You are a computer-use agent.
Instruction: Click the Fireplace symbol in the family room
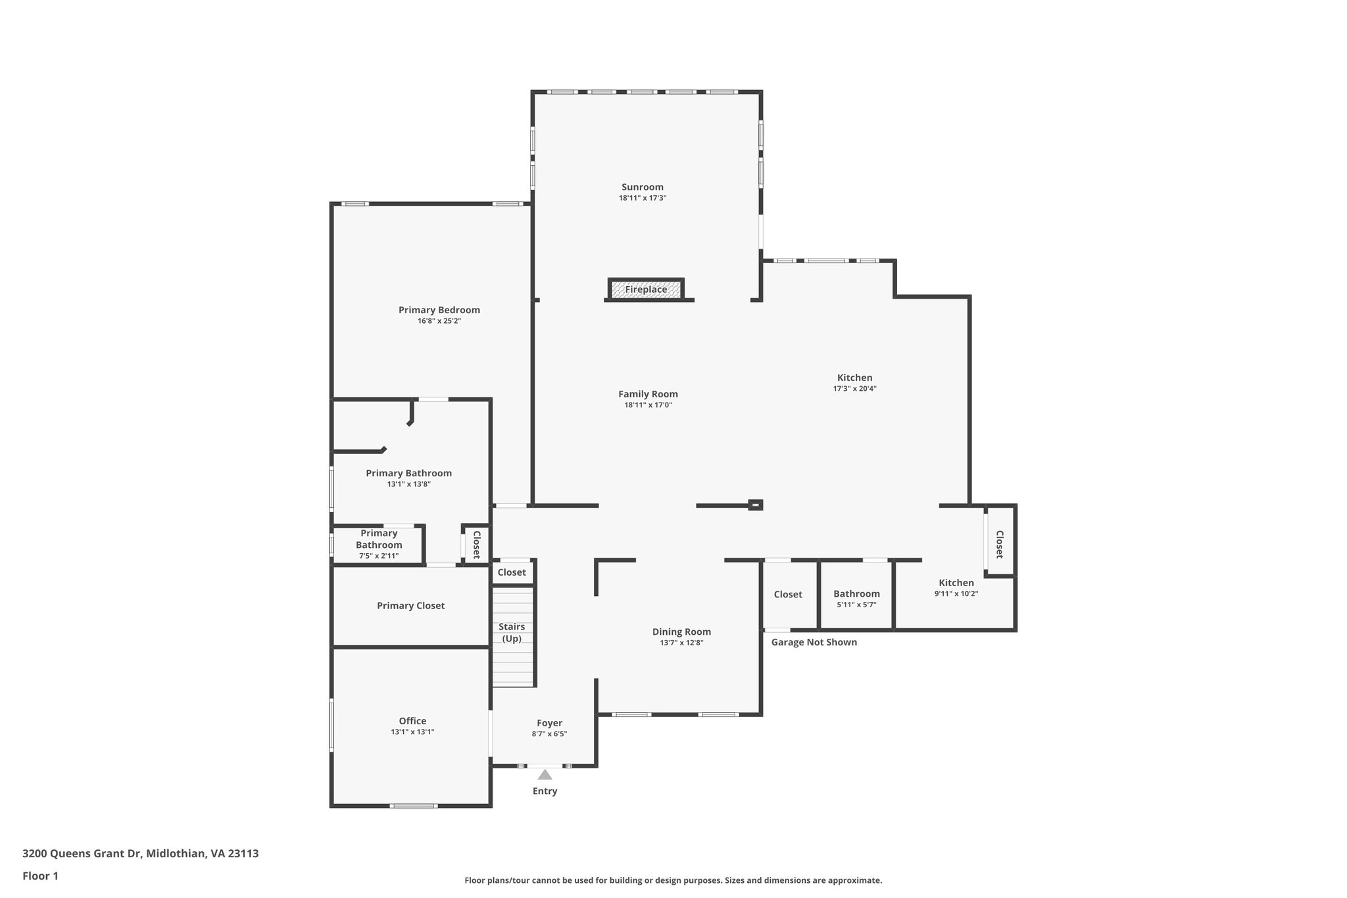tap(646, 289)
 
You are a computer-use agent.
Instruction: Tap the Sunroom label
tap(643, 187)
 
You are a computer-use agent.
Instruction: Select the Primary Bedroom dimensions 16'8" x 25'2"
tap(439, 321)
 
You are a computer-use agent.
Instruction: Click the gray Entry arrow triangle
tap(545, 774)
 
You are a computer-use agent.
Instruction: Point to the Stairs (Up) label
tap(512, 632)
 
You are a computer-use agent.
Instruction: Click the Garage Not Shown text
tap(814, 642)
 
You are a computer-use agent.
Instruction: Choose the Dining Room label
tap(681, 632)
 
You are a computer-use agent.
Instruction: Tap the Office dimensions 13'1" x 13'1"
tap(412, 732)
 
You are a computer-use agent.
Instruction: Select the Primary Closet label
tap(410, 605)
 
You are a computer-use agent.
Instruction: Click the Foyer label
tap(549, 723)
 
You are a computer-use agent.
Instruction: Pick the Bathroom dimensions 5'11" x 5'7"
tap(856, 605)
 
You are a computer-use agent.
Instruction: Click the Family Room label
tap(648, 394)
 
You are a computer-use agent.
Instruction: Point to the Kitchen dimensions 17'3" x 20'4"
tap(854, 389)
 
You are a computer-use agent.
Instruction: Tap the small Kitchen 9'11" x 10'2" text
tap(956, 593)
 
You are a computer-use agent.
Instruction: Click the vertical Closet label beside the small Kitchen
tap(999, 544)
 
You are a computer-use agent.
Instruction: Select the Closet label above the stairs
tap(512, 572)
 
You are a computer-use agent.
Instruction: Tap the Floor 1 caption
tap(40, 876)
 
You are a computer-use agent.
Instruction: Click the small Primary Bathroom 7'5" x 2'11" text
tap(379, 556)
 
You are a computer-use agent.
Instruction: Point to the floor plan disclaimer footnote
tap(673, 880)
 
